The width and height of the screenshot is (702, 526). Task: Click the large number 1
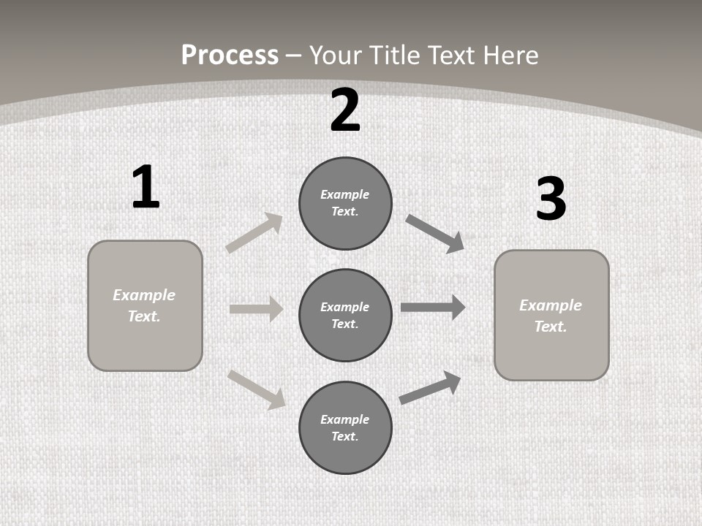point(146,188)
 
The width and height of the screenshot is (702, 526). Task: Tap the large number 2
point(345,110)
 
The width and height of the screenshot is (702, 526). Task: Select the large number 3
point(551,199)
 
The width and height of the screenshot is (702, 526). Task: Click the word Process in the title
point(230,55)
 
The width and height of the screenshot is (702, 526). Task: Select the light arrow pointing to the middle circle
point(256,309)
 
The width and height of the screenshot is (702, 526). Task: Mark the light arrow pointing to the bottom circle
point(257,389)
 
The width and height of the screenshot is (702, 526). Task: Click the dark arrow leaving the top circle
point(435,234)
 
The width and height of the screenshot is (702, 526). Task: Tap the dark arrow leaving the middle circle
point(433,308)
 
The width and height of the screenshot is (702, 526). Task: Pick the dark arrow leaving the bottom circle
point(430,388)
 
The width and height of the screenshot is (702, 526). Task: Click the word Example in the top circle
point(344,194)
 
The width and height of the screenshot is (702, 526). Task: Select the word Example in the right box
point(551,305)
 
